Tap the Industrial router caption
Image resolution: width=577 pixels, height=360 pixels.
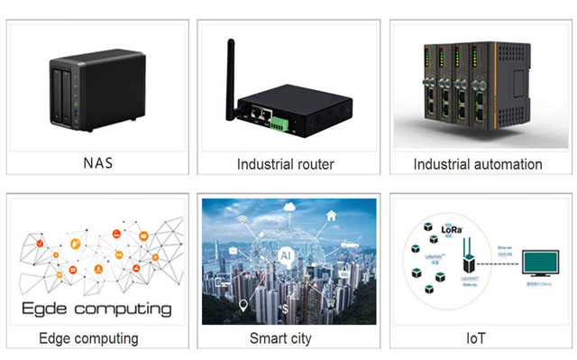(286, 164)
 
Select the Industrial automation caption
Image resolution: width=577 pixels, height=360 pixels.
(478, 164)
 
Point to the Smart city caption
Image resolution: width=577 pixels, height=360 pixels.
(286, 338)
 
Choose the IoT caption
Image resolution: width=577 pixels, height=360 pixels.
(478, 338)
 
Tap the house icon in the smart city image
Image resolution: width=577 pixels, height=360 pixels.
(333, 217)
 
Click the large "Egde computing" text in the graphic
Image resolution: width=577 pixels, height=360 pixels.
(95, 309)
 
